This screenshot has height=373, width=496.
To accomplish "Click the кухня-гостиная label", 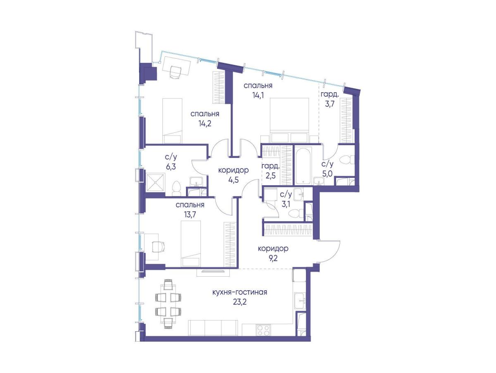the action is pos(239,292).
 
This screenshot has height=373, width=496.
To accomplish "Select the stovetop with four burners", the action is pos(263,331).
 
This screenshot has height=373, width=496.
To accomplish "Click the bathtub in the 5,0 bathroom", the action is pos(303,165).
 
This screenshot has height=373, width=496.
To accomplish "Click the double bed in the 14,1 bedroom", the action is pos(290,120).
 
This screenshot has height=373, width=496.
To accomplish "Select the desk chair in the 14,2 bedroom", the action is pos(175,72).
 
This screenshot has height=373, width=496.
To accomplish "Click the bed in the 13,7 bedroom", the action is pos(191,244).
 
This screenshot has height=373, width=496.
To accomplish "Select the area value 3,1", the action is pos(286,204).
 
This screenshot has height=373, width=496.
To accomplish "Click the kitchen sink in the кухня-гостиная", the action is pos(300,301).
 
